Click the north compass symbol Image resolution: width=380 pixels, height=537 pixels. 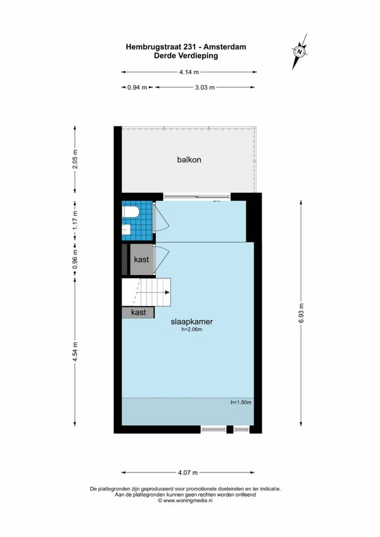point(300,52)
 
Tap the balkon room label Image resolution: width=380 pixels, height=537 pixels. point(189,159)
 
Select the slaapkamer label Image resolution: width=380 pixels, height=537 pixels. point(192,321)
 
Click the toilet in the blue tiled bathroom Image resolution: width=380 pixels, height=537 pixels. point(130,212)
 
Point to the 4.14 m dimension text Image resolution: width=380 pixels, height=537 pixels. point(189,72)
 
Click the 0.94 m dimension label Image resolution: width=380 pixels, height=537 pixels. point(137,87)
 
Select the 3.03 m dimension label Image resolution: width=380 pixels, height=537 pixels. point(205,87)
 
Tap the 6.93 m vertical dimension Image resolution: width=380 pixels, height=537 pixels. point(301,313)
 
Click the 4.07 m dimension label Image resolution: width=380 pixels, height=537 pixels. point(188,472)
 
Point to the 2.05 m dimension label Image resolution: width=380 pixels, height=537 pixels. point(75,159)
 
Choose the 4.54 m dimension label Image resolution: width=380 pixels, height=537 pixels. point(75,352)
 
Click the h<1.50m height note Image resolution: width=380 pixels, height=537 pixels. point(241,402)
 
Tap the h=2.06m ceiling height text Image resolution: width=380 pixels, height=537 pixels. point(192,330)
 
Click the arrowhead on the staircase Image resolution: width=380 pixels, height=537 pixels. point(167,292)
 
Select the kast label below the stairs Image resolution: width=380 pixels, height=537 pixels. point(138,312)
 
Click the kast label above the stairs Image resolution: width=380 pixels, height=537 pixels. point(141,259)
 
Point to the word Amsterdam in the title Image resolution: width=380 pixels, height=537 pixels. point(229,47)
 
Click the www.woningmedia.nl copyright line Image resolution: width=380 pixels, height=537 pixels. point(185,500)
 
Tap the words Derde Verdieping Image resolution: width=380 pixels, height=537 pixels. point(186,56)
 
